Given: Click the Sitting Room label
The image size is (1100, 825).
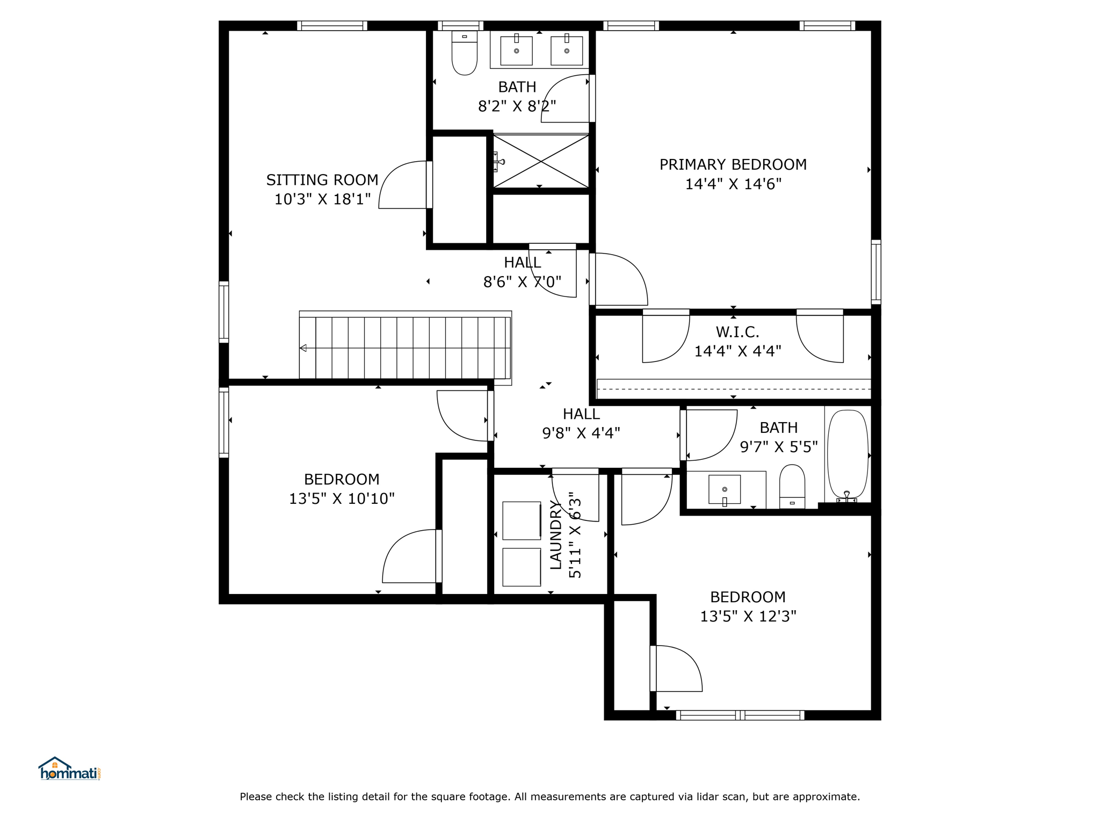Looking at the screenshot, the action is coord(322,180).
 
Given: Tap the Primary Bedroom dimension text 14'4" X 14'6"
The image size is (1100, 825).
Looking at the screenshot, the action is coord(733,184).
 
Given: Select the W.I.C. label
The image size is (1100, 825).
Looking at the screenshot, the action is coord(737,332).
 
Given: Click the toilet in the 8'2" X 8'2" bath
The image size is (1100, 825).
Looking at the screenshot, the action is coord(465,53).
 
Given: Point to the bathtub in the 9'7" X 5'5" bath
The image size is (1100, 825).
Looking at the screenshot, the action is coord(848,454).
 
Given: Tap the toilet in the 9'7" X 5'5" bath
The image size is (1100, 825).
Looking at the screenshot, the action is coord(792,487).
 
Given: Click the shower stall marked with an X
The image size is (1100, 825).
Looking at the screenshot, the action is coord(541,161).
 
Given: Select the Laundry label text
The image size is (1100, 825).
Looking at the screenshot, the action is coord(555,535).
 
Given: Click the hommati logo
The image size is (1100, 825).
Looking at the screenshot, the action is coord(69,769).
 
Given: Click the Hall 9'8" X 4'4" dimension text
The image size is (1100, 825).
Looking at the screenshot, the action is coord(581,433).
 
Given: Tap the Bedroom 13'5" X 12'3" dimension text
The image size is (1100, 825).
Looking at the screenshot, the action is coord(748,616).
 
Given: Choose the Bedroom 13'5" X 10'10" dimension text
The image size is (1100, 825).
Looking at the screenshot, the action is coord(342,499).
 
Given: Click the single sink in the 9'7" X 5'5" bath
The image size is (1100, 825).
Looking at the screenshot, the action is coord(725,490).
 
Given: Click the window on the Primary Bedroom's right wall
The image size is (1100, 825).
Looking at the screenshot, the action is coord(876,272).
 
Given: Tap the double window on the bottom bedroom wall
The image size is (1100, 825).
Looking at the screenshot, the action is coord(740,715).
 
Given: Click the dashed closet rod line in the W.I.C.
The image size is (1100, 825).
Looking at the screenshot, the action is coord(734,389).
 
